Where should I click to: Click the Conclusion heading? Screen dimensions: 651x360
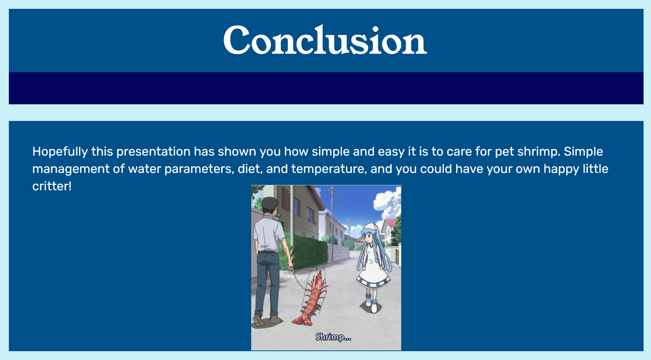[325, 40]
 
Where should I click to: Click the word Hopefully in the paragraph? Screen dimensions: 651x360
[60, 152]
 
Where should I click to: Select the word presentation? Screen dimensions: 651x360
[153, 152]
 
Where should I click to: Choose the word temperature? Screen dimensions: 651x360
[329, 169]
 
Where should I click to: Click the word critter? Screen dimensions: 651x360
[52, 186]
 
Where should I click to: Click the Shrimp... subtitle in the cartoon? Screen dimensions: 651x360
[333, 337]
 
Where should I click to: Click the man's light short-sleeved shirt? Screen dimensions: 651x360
[269, 233]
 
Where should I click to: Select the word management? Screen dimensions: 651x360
[71, 169]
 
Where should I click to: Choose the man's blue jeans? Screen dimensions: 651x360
[267, 283]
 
